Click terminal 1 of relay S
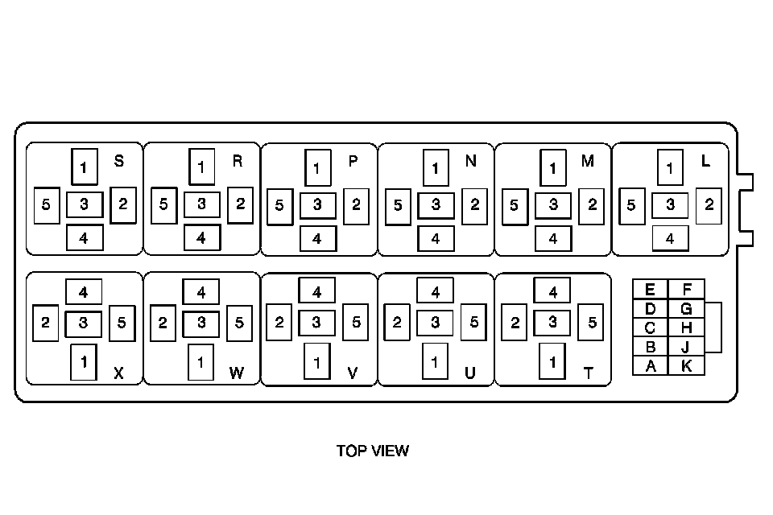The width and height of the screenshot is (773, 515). (x=84, y=167)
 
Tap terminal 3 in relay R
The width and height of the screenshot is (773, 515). (x=201, y=204)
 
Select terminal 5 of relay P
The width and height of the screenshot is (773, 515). (x=279, y=206)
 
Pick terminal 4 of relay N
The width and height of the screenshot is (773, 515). (x=436, y=239)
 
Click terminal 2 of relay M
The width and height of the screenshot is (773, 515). (x=592, y=204)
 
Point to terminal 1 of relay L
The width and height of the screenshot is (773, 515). (x=670, y=167)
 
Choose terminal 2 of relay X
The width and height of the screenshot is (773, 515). (x=46, y=323)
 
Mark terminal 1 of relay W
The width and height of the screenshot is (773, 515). (x=200, y=361)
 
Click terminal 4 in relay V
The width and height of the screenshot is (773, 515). (x=317, y=290)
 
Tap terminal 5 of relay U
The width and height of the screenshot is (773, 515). (x=474, y=323)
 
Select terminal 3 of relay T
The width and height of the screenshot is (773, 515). (x=552, y=323)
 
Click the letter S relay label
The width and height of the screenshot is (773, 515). (x=119, y=162)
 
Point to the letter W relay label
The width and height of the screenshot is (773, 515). (x=236, y=373)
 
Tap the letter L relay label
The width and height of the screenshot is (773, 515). (x=706, y=161)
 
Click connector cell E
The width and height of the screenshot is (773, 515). (x=650, y=290)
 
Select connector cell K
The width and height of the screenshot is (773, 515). (x=686, y=366)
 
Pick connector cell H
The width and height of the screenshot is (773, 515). (x=686, y=328)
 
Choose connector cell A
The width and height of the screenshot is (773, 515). (x=650, y=366)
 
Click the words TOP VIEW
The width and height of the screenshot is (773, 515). (x=373, y=451)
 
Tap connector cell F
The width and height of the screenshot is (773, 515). (x=686, y=290)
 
